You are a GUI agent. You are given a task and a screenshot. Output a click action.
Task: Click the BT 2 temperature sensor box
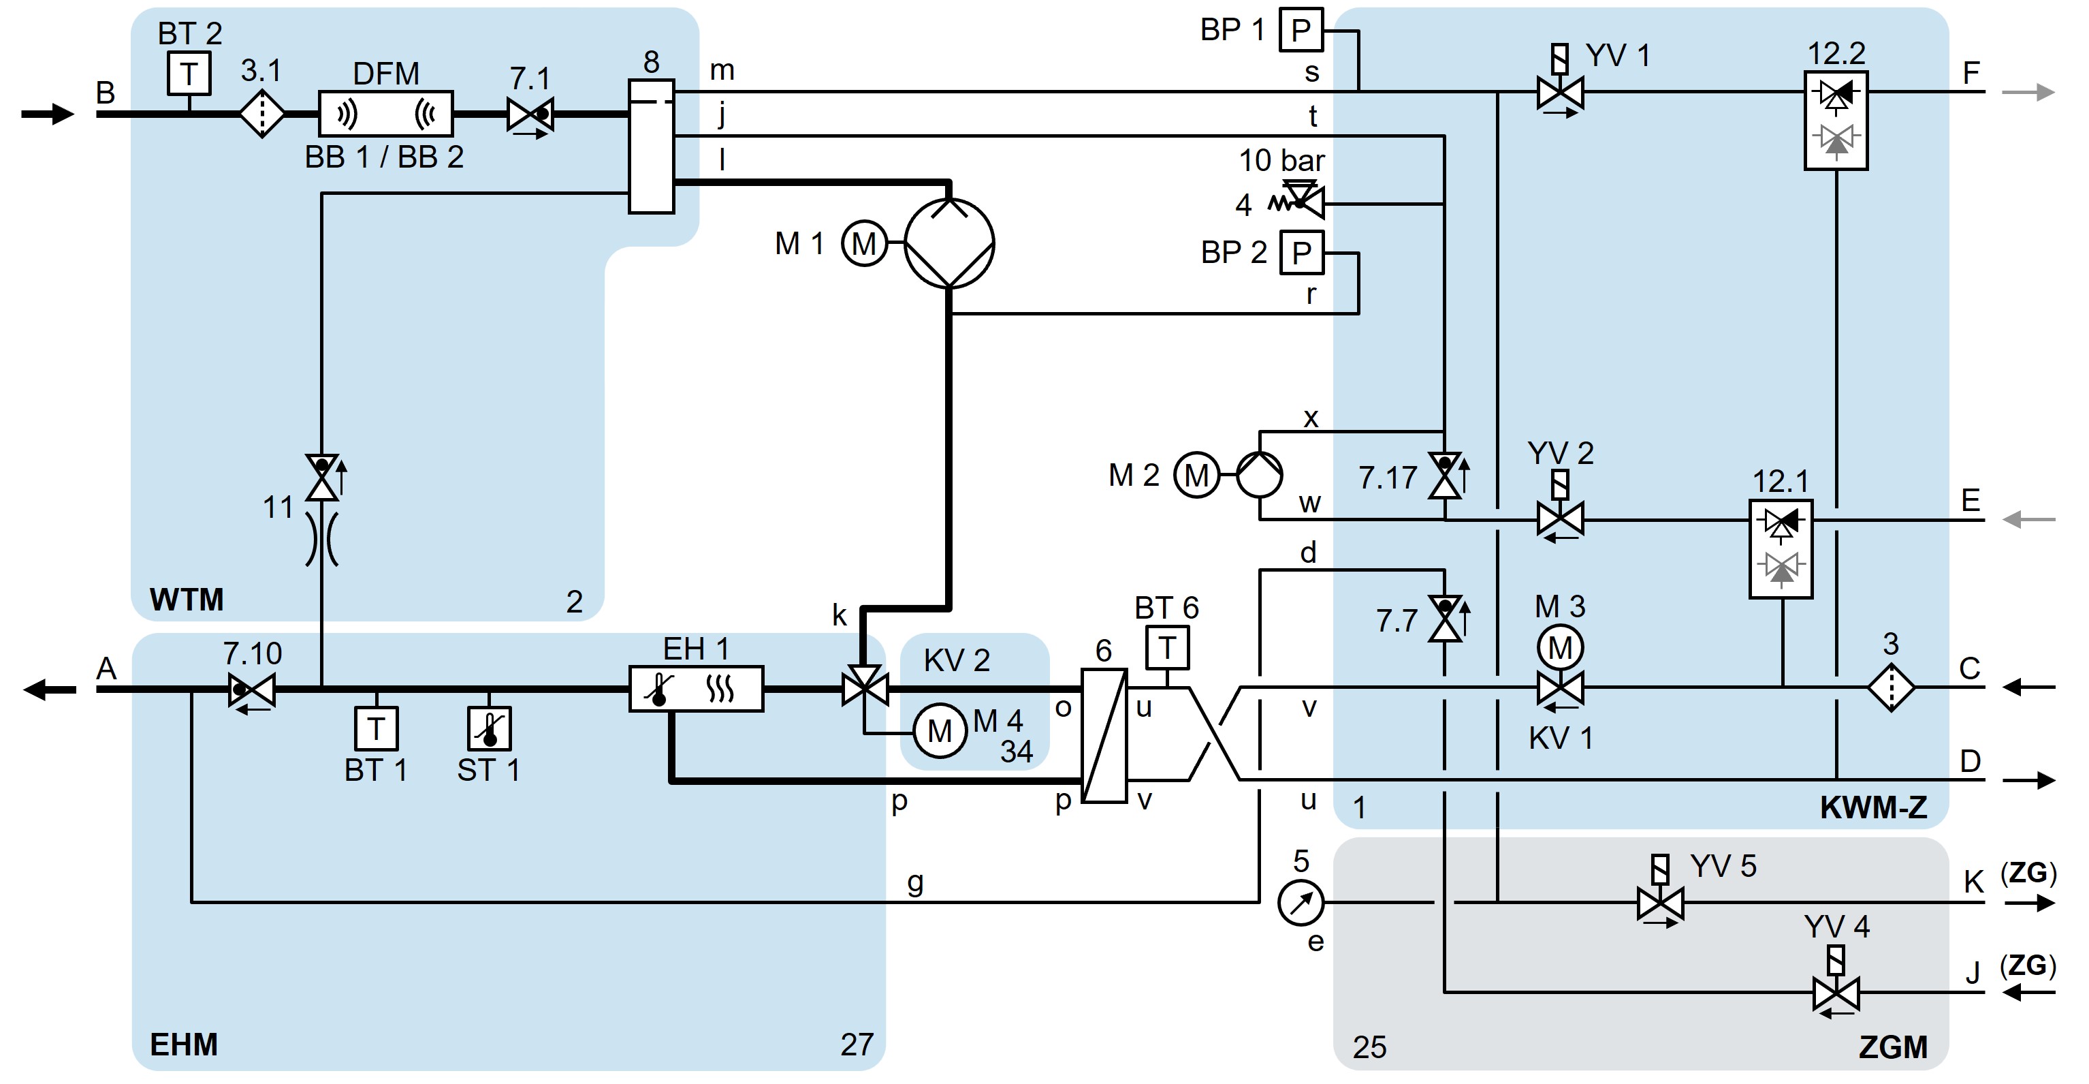[189, 74]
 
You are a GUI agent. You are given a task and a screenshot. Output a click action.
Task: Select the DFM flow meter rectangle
[385, 114]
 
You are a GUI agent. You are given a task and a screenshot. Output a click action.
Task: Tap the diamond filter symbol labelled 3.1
[261, 114]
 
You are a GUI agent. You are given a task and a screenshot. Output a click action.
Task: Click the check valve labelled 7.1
[530, 114]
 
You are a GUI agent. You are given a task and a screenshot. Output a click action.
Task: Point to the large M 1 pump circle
[948, 243]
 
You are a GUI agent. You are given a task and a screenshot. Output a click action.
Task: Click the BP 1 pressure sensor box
[1301, 30]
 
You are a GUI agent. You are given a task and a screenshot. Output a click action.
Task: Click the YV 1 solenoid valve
[1559, 93]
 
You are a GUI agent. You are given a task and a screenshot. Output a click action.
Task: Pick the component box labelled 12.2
[1836, 120]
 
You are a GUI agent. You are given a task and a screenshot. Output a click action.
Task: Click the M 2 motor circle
[1196, 475]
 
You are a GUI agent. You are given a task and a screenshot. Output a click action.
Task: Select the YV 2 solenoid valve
[1559, 518]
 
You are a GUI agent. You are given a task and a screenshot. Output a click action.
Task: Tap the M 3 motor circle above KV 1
[1560, 647]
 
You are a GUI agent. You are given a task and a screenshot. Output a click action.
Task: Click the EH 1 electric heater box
[696, 689]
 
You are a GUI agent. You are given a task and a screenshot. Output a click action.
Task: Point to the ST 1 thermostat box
[489, 728]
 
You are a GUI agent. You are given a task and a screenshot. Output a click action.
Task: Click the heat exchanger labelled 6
[1104, 735]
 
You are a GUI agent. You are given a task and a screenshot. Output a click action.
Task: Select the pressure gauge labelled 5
[1301, 902]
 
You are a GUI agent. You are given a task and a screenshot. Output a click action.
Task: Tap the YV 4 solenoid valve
[1835, 992]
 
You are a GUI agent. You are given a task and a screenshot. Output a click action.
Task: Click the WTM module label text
[187, 600]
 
